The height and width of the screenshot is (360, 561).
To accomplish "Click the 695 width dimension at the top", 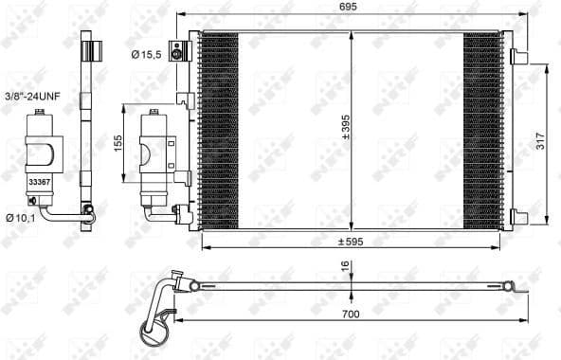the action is point(348,7).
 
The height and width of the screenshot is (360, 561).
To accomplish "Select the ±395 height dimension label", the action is point(346,127).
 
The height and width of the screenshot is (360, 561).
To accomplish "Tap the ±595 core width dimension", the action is point(351,242).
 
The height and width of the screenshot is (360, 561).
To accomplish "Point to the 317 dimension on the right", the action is point(540,141).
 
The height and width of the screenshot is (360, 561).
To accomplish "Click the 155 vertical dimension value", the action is point(118,143).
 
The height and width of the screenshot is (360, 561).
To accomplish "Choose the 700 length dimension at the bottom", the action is point(351,315).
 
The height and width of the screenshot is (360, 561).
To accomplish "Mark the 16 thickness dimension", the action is point(345,266).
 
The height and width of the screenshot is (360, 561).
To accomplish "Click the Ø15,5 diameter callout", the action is point(146,55).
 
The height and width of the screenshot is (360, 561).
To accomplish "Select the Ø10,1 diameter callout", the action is point(21,218).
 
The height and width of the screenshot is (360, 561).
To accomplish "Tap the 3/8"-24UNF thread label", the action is point(32,96).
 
